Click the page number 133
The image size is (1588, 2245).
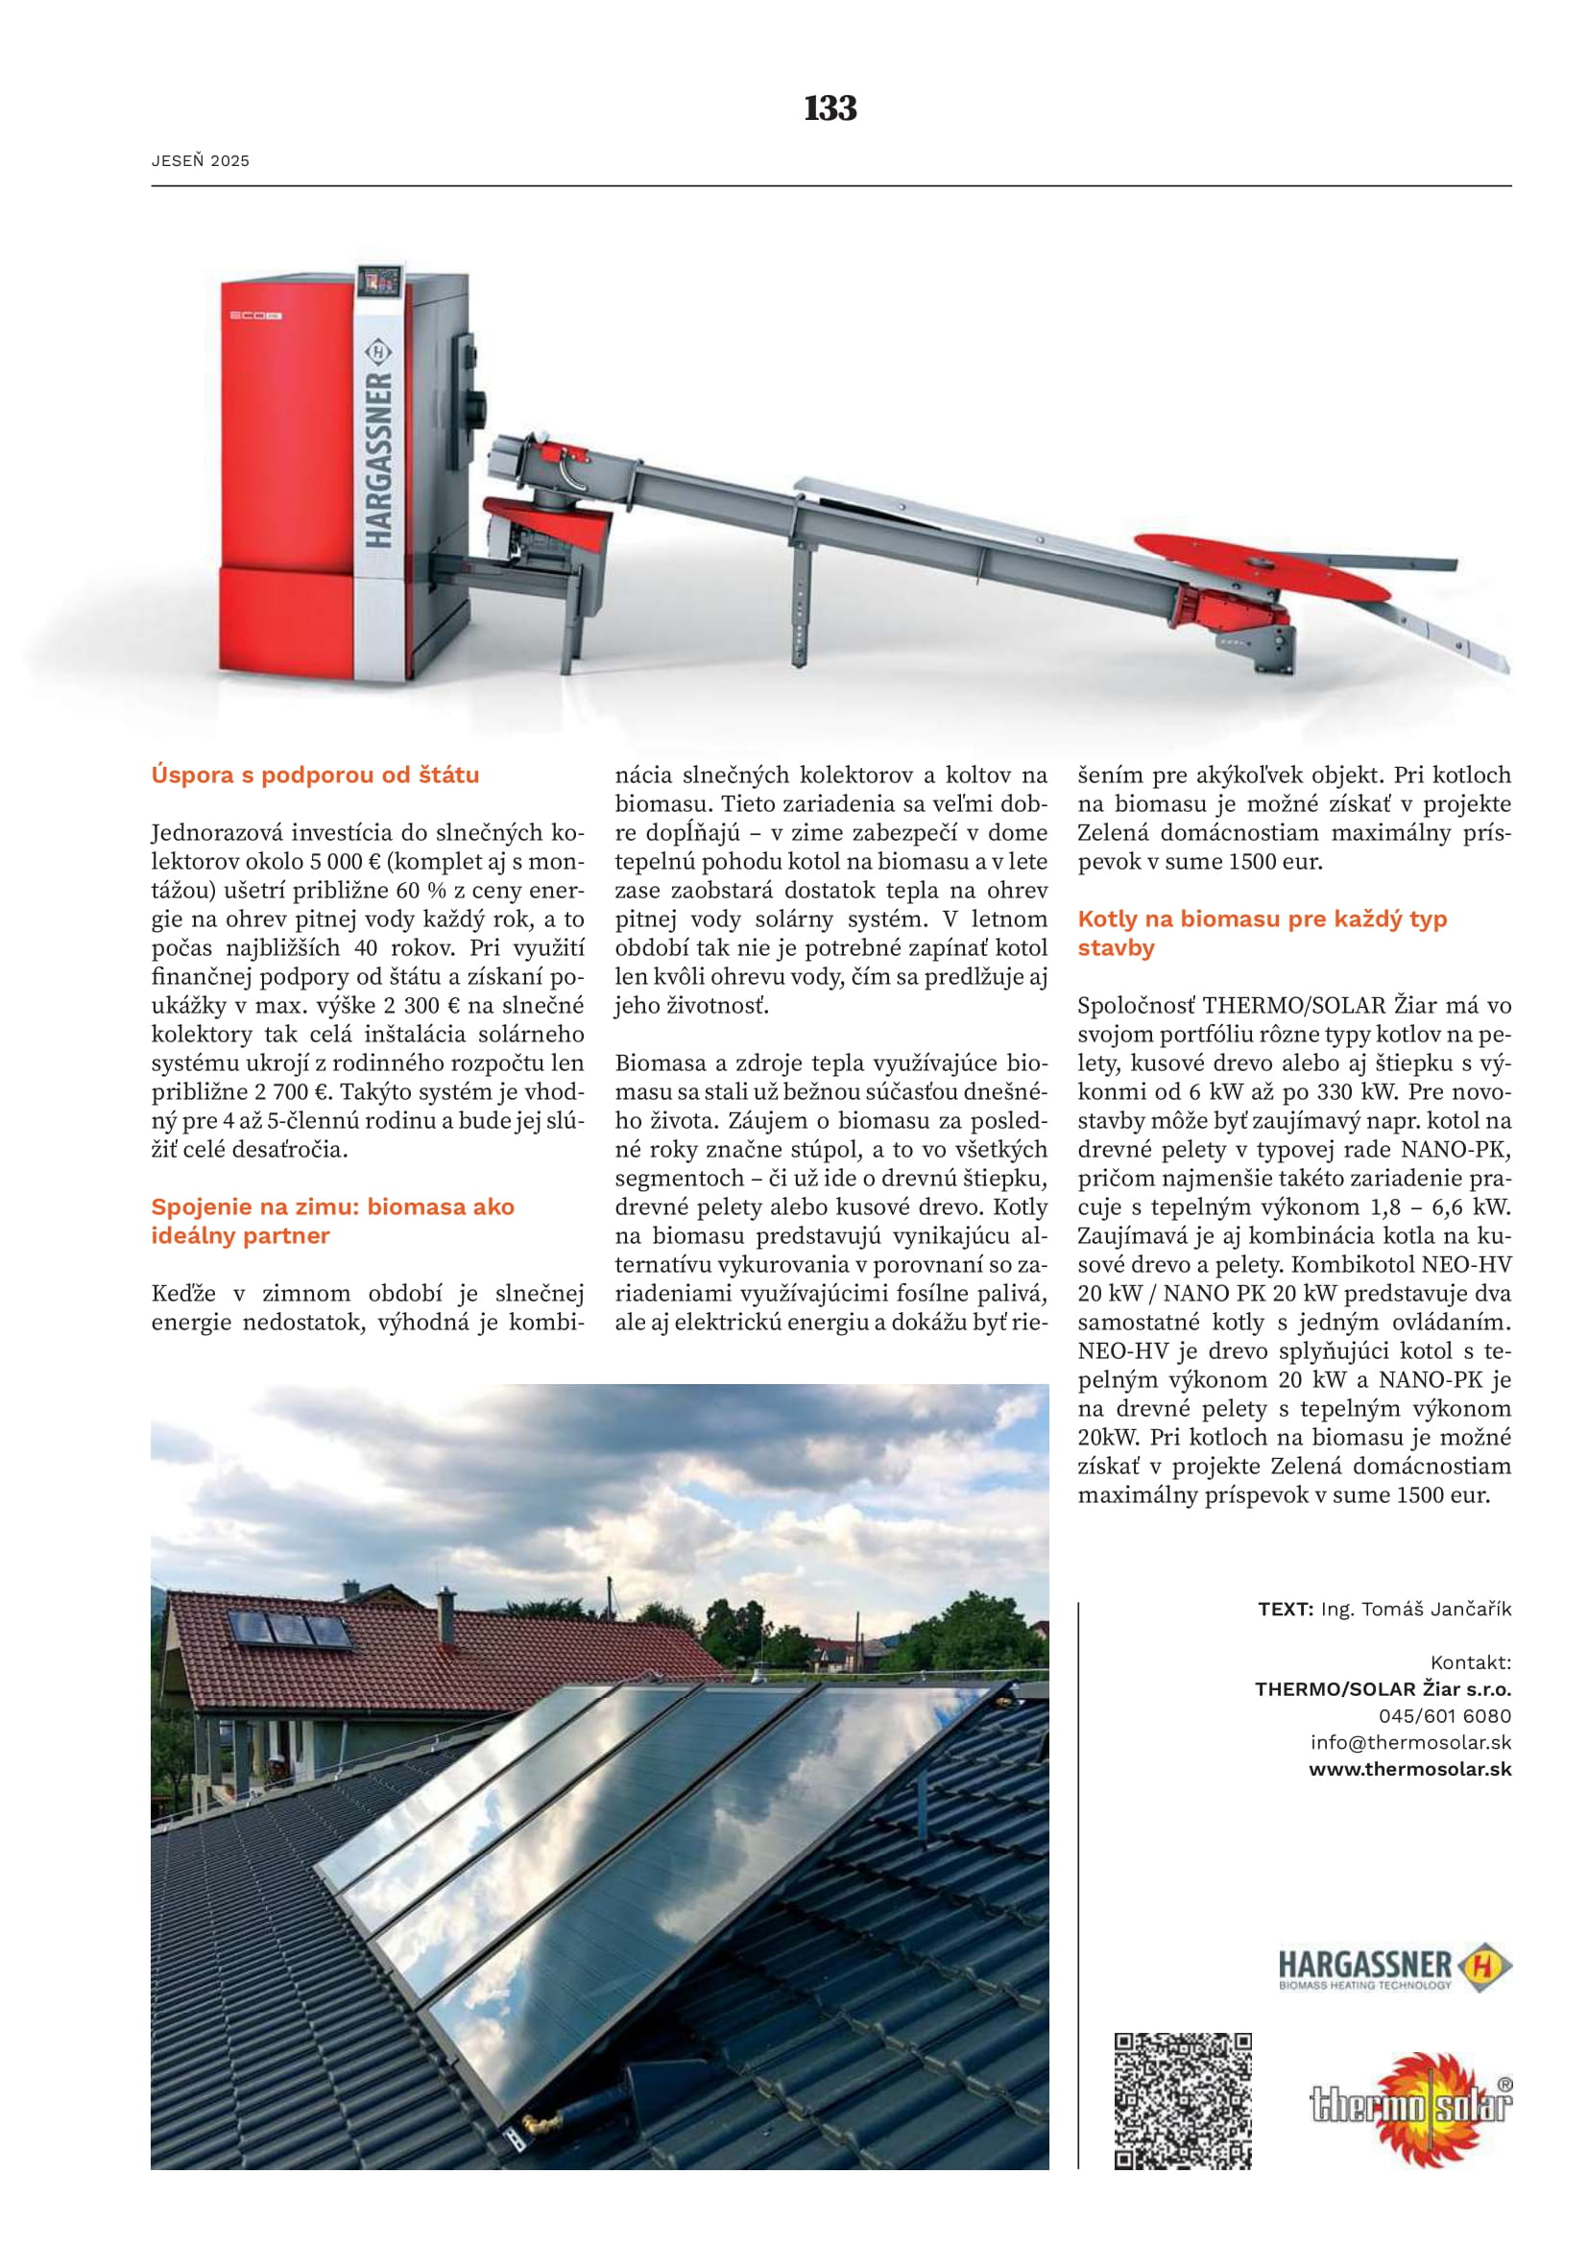[830, 107]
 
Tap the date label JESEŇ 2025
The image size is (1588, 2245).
[201, 161]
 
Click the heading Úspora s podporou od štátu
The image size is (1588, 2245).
[315, 775]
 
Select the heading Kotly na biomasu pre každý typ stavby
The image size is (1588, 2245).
[1262, 933]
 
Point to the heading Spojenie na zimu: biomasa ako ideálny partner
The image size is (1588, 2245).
[332, 1220]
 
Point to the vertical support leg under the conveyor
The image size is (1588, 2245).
[802, 607]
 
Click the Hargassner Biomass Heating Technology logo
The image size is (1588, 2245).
[1394, 1968]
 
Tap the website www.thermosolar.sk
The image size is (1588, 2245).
[1410, 1769]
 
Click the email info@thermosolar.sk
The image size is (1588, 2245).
[1410, 1742]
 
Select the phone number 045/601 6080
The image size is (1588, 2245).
[1444, 1716]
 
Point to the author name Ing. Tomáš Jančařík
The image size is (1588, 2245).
[1415, 1609]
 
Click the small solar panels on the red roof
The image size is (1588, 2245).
[288, 1630]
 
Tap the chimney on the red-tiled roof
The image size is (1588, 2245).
[445, 1614]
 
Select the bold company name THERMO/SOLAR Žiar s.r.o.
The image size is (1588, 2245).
[1383, 1688]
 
